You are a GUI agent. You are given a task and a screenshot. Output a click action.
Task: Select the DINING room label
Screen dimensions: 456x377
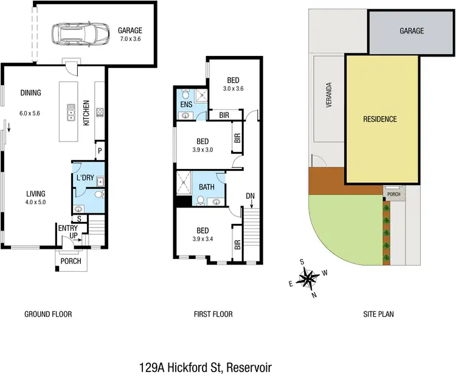pos(30,93)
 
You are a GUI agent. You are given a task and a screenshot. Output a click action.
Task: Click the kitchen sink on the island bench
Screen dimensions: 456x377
pos(71,113)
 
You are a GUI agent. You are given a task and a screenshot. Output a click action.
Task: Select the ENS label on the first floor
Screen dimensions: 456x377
pos(186,105)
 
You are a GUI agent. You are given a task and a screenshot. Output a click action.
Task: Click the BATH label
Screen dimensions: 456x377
pos(206,187)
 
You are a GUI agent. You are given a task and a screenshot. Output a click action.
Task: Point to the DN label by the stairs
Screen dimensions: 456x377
pos(250,196)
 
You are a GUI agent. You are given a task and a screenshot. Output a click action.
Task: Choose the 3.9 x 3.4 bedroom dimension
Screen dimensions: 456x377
pos(202,240)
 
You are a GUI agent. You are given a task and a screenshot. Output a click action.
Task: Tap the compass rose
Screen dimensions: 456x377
pos(310,278)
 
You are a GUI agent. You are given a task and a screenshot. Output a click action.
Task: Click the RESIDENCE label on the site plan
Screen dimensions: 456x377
pos(380,119)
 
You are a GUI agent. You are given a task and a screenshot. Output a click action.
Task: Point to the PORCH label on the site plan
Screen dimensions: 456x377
pos(393,195)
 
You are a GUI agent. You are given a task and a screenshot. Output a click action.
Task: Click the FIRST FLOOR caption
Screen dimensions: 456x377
pos(213,314)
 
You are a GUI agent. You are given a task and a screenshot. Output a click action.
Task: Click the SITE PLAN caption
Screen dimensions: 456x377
pos(379,314)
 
